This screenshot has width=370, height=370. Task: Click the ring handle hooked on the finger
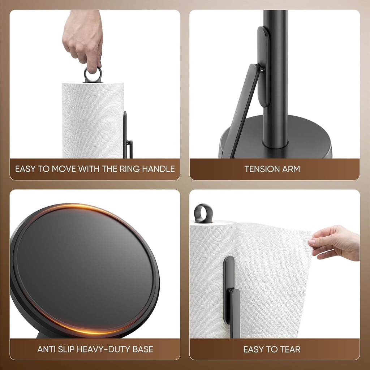[93, 75]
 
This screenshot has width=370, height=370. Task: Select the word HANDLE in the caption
[160, 169]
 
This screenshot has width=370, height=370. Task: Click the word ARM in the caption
[292, 169]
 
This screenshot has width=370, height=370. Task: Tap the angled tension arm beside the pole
[243, 108]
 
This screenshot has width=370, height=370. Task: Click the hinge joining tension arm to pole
[260, 68]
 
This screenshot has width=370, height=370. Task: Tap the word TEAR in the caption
[290, 349]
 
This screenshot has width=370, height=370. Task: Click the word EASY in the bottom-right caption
[253, 349]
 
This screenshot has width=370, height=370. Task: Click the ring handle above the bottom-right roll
[203, 213]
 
